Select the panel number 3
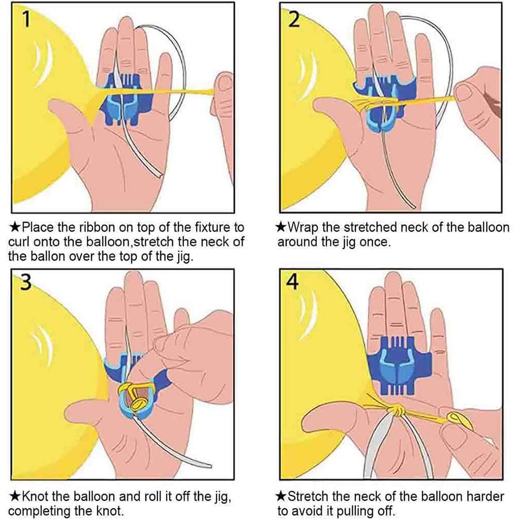(25, 282)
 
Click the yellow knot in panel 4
(397, 411)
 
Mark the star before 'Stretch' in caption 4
(281, 497)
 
